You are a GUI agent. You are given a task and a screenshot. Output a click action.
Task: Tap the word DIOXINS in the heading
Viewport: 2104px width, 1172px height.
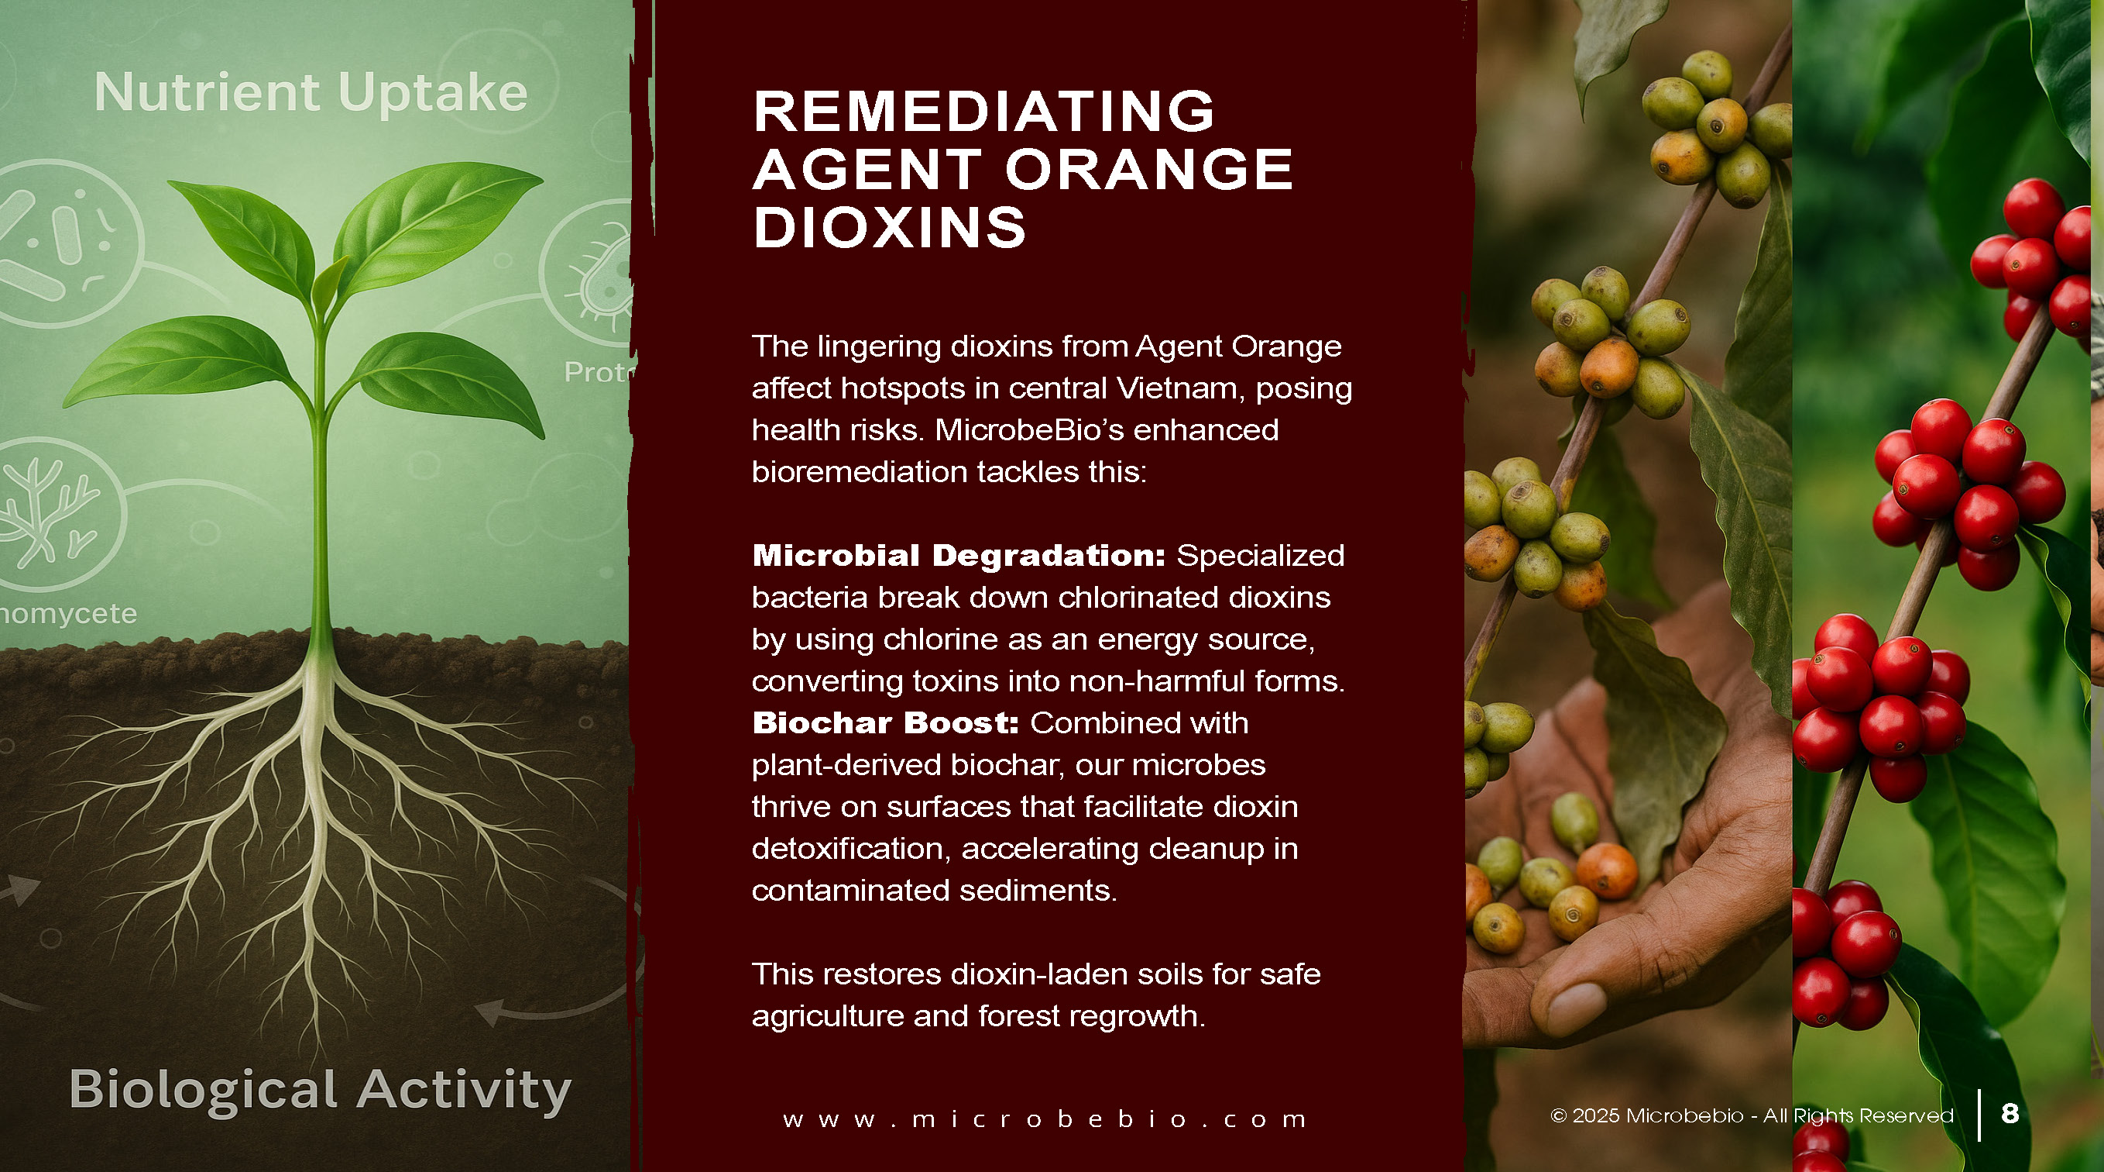pyautogui.click(x=890, y=226)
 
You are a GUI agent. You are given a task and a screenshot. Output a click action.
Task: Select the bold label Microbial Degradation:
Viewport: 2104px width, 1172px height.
pyautogui.click(x=959, y=556)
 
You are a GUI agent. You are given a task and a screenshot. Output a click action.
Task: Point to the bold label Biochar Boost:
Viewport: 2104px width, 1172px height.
pyautogui.click(x=885, y=722)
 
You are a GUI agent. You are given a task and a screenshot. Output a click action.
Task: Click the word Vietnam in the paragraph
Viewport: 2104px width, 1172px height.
pyautogui.click(x=1180, y=388)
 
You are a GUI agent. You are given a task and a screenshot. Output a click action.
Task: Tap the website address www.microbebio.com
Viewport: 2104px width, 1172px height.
pyautogui.click(x=1045, y=1119)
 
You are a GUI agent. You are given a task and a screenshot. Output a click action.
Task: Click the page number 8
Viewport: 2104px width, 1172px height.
pyautogui.click(x=2010, y=1113)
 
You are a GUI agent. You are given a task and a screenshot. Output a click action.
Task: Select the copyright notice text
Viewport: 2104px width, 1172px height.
pyautogui.click(x=1752, y=1115)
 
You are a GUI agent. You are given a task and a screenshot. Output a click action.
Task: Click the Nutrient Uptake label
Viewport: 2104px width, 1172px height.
pyautogui.click(x=311, y=91)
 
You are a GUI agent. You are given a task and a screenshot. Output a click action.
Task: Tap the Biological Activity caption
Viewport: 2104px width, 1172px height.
pyautogui.click(x=320, y=1091)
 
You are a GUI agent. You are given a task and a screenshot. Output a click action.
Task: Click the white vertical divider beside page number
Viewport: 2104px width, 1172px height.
pyautogui.click(x=1979, y=1115)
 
